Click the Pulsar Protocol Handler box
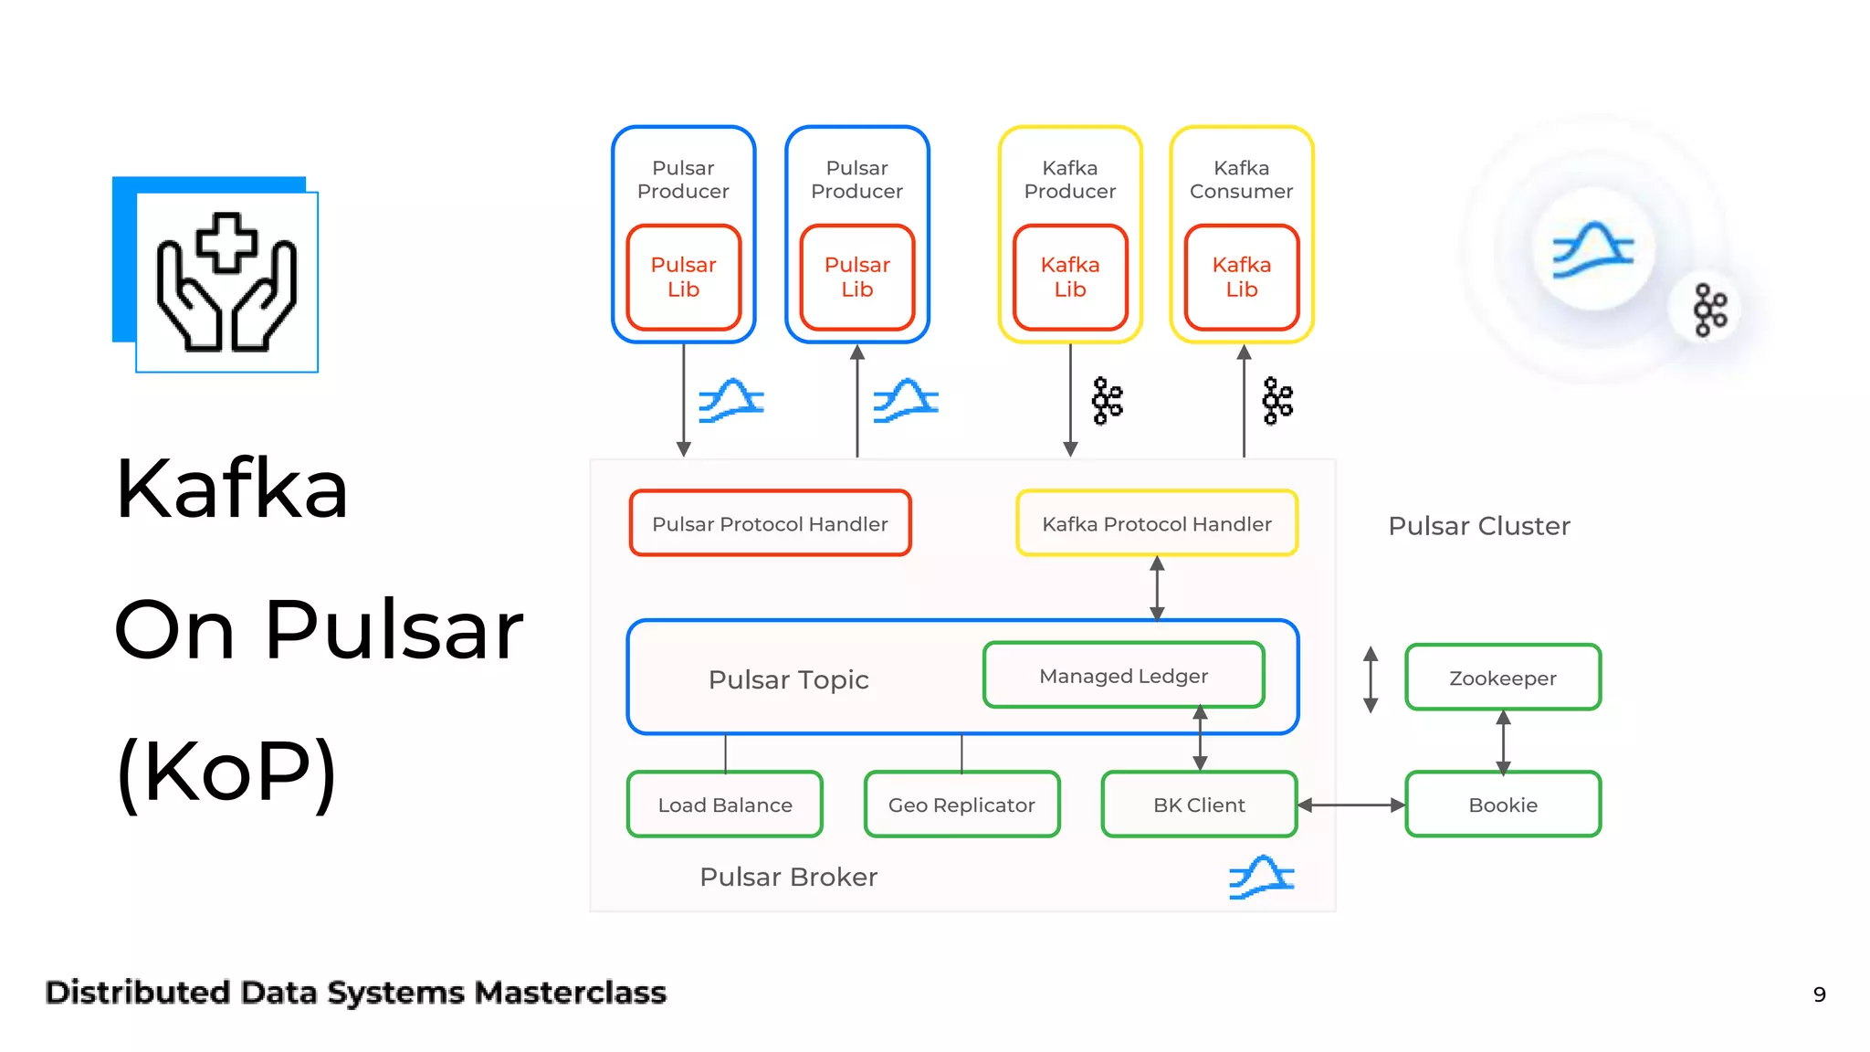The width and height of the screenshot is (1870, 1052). tap(770, 523)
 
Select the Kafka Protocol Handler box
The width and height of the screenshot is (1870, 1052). tap(1156, 523)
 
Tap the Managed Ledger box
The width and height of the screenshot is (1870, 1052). tap(1123, 676)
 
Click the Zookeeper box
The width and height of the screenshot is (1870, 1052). tap(1502, 678)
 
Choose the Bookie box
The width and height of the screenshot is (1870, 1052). tap(1502, 805)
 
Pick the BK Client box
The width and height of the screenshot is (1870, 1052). tap(1198, 805)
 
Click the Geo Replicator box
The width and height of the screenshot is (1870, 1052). tap(961, 805)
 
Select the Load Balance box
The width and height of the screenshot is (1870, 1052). tap(725, 805)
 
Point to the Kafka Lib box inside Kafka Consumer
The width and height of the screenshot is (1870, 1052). tap(1241, 277)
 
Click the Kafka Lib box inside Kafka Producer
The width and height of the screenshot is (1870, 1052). tap(1070, 277)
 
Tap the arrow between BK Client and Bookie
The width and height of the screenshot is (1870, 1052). tap(1350, 805)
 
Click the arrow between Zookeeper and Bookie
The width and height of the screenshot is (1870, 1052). tap(1503, 741)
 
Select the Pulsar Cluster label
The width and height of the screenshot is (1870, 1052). tap(1478, 526)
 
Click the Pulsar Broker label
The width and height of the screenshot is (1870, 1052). tap(788, 877)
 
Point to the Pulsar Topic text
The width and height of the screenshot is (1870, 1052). tap(788, 679)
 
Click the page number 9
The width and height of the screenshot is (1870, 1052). tap(1819, 994)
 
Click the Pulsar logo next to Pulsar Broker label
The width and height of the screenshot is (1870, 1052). tap(1261, 878)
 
